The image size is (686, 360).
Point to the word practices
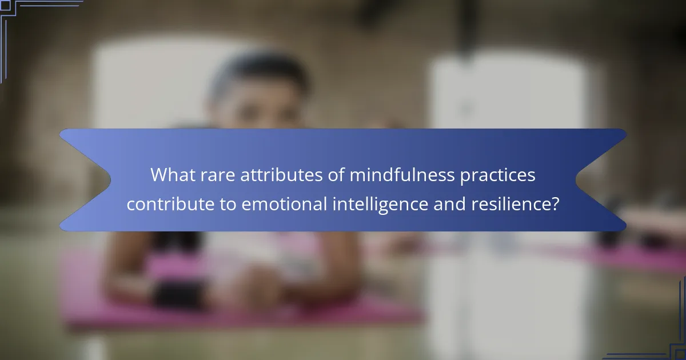click(498, 175)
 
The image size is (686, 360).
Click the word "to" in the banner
click(228, 203)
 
